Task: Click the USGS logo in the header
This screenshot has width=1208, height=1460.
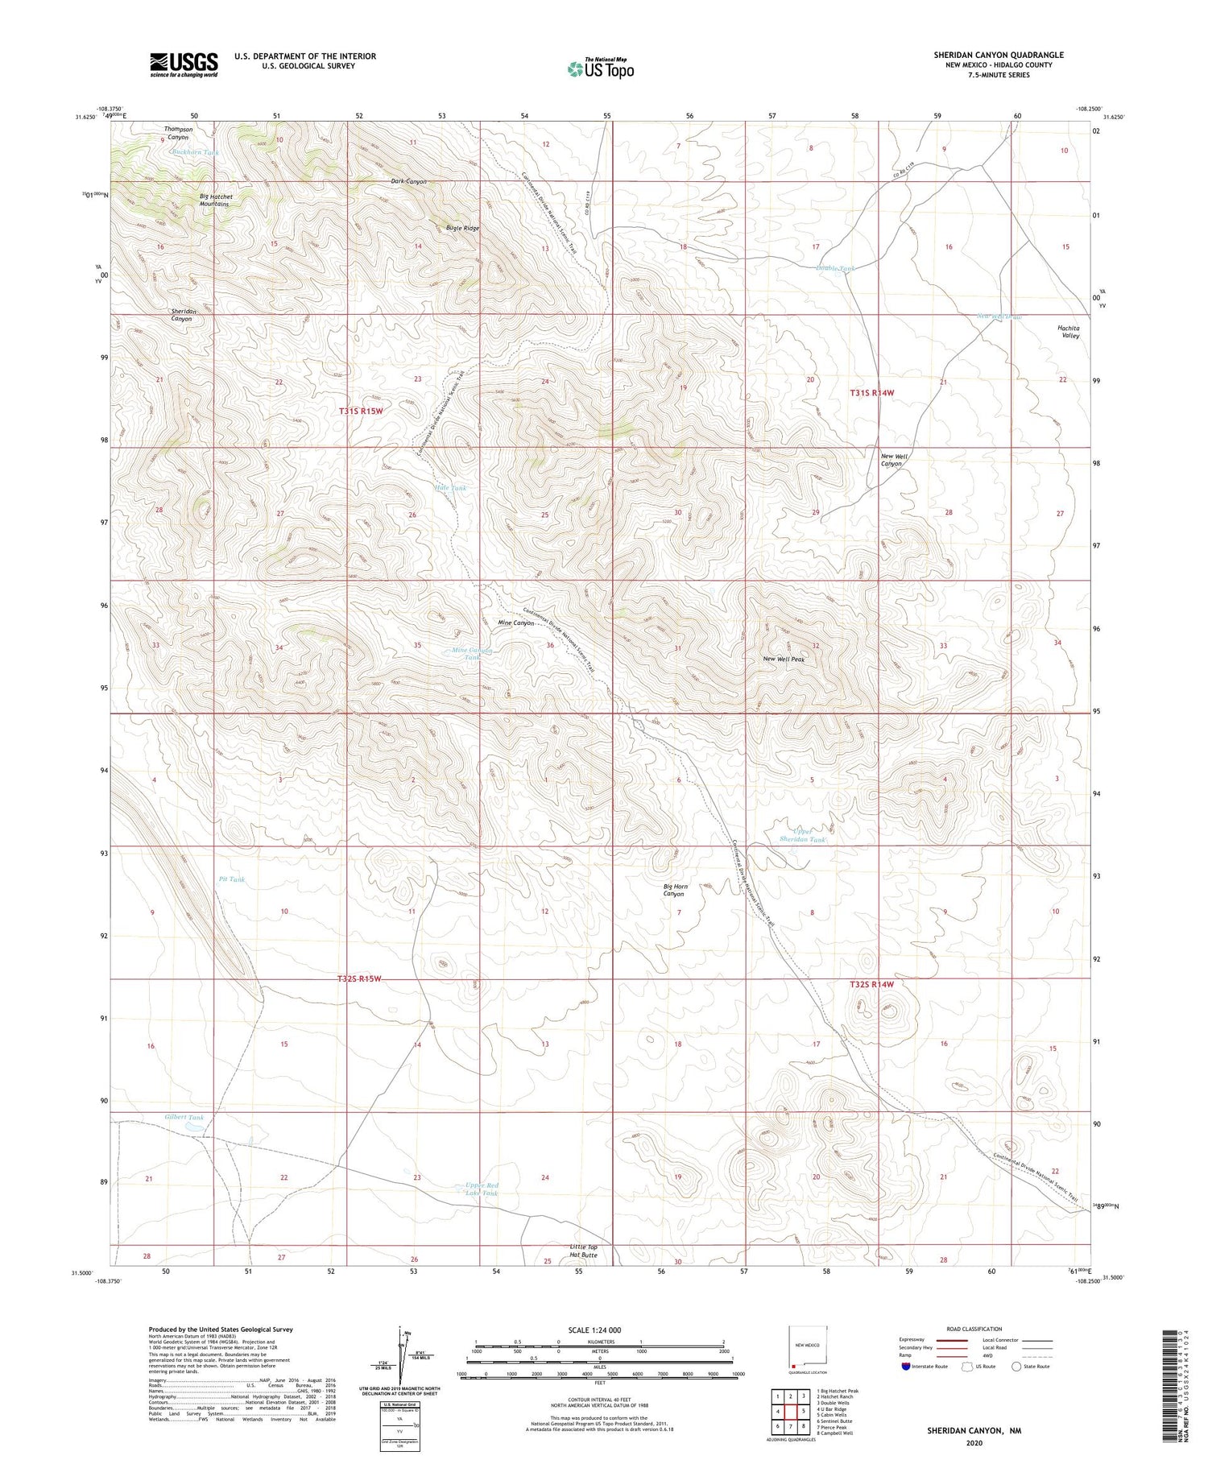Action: (x=184, y=64)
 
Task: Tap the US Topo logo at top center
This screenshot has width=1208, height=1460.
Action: (x=600, y=68)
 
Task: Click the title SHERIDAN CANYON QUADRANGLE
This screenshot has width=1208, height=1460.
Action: (x=999, y=55)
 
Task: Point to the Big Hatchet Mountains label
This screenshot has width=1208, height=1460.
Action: (x=216, y=201)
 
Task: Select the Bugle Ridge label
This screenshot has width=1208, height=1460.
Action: (x=462, y=228)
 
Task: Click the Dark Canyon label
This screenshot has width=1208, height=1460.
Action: (x=409, y=181)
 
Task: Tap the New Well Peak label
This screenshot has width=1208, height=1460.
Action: (x=784, y=660)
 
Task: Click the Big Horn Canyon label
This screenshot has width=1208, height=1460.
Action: (x=675, y=890)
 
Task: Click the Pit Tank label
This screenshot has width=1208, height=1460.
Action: (x=232, y=879)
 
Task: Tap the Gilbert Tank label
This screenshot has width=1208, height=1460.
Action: (x=184, y=1118)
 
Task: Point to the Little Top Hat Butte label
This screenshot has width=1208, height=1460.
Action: (x=583, y=1251)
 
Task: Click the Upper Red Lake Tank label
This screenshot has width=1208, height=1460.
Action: (x=482, y=1189)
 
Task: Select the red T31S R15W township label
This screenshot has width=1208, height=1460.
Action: (x=360, y=411)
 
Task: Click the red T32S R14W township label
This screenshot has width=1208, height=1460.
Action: (x=871, y=984)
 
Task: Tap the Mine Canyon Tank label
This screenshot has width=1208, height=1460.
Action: (x=471, y=654)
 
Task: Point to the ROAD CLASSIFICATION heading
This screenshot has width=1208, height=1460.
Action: (x=974, y=1329)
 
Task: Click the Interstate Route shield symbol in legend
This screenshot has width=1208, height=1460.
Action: (x=906, y=1366)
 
